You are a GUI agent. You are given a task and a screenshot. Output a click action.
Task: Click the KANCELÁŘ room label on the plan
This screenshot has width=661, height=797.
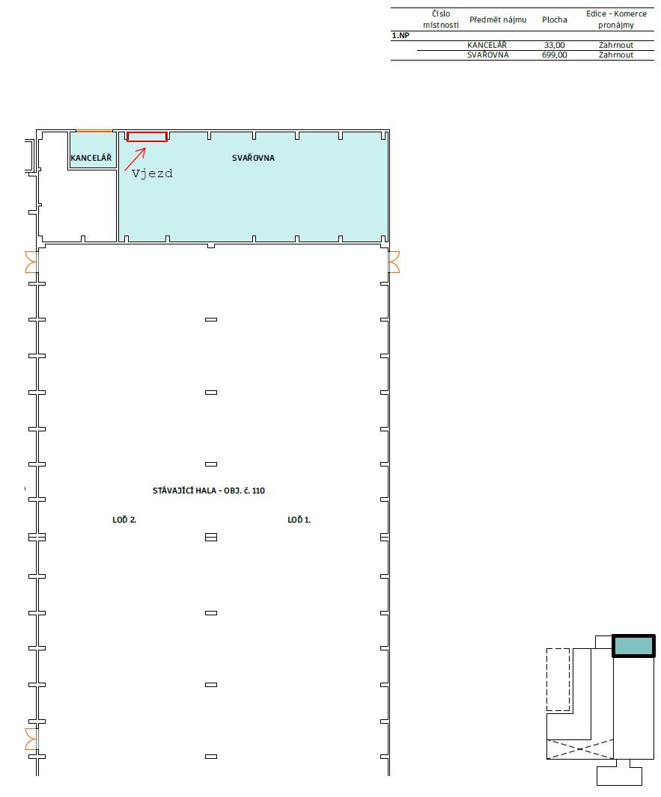click(91, 159)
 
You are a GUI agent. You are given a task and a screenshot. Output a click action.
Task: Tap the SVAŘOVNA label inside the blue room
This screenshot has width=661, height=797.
click(253, 158)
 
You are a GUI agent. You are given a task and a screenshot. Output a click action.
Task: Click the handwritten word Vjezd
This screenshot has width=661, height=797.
click(152, 173)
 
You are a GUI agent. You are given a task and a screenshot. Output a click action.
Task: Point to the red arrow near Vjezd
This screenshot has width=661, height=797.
click(135, 159)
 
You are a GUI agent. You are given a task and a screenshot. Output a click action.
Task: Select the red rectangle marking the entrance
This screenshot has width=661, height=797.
click(147, 136)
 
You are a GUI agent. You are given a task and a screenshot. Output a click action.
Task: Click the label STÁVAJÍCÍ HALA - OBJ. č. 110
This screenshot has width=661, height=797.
click(209, 491)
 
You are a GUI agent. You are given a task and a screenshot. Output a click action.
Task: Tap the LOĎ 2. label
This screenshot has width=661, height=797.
click(124, 520)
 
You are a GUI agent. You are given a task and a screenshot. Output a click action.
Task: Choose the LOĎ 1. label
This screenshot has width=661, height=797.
click(299, 520)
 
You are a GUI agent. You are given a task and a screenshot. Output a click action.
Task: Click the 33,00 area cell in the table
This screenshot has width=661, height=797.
click(554, 46)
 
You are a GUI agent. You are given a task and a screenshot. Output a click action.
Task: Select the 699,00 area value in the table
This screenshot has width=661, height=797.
click(554, 55)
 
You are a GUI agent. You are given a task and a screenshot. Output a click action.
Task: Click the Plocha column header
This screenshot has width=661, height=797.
click(555, 20)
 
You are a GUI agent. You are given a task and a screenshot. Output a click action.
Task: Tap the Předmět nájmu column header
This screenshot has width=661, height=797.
click(498, 20)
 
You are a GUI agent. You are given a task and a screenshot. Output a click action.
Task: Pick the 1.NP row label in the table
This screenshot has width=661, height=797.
click(400, 35)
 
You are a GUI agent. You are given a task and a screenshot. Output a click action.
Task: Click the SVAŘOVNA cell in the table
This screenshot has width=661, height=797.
click(488, 55)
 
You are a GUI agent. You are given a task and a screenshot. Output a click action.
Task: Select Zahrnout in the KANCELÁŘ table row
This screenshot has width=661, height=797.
click(616, 46)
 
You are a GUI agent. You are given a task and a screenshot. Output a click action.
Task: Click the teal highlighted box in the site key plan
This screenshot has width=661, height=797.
click(633, 647)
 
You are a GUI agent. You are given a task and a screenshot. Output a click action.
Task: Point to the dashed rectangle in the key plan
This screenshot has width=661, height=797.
click(558, 679)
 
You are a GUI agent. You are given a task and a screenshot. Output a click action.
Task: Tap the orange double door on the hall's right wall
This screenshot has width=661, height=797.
click(394, 262)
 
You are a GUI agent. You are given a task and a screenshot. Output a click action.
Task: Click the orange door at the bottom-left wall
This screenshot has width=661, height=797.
click(31, 738)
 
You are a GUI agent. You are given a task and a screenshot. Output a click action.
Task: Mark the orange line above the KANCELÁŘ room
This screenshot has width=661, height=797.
click(94, 131)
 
